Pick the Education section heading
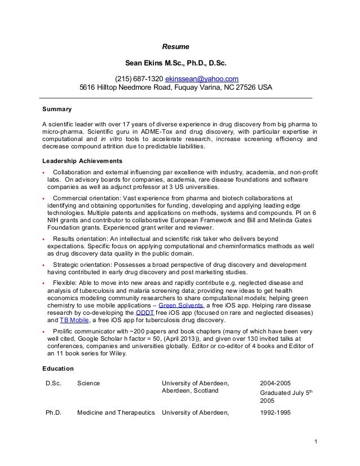pyautogui.click(x=58, y=368)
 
